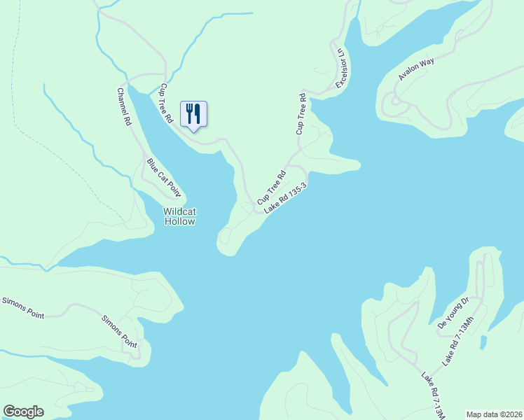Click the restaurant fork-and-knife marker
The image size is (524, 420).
pyautogui.click(x=193, y=114)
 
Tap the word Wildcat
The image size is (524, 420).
pyautogui.click(x=179, y=211)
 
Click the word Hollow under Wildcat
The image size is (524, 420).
pyautogui.click(x=179, y=221)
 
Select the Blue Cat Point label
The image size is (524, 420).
pyautogui.click(x=163, y=178)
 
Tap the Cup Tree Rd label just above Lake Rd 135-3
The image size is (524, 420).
pyautogui.click(x=272, y=183)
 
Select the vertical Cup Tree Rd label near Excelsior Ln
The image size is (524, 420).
pyautogui.click(x=302, y=113)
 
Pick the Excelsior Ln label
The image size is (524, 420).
pyautogui.click(x=341, y=69)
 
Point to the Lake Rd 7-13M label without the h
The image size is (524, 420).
pyautogui.click(x=433, y=395)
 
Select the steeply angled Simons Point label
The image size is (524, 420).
pyautogui.click(x=118, y=330)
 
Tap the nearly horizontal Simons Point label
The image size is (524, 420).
pyautogui.click(x=22, y=308)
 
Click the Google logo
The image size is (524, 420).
pyautogui.click(x=23, y=412)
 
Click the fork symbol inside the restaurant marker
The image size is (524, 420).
pyautogui.click(x=189, y=112)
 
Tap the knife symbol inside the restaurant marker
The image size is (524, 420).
pyautogui.click(x=198, y=112)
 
